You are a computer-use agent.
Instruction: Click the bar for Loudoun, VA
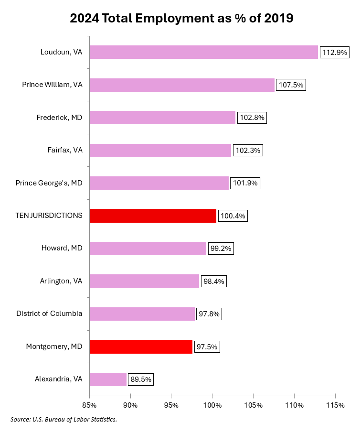pos(203,52)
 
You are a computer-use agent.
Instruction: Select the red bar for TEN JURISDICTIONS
pos(153,216)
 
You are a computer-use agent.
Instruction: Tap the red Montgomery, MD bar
pos(141,346)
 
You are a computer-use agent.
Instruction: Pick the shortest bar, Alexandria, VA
pos(108,379)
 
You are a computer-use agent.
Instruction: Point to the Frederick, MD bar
pos(162,118)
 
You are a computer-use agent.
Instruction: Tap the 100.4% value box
pos(233,216)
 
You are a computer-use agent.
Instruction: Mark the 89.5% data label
pos(141,379)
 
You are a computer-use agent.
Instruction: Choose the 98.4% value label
pos(213,281)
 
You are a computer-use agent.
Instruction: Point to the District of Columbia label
pos(49,314)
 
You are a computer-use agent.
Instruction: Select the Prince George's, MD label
pos(49,183)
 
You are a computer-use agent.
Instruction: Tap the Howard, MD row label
pos(63,248)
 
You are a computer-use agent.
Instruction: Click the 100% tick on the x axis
pos(212,405)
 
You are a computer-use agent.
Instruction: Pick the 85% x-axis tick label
pos(89,405)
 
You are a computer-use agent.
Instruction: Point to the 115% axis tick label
pos(335,405)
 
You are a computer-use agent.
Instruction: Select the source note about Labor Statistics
pos(64,420)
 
